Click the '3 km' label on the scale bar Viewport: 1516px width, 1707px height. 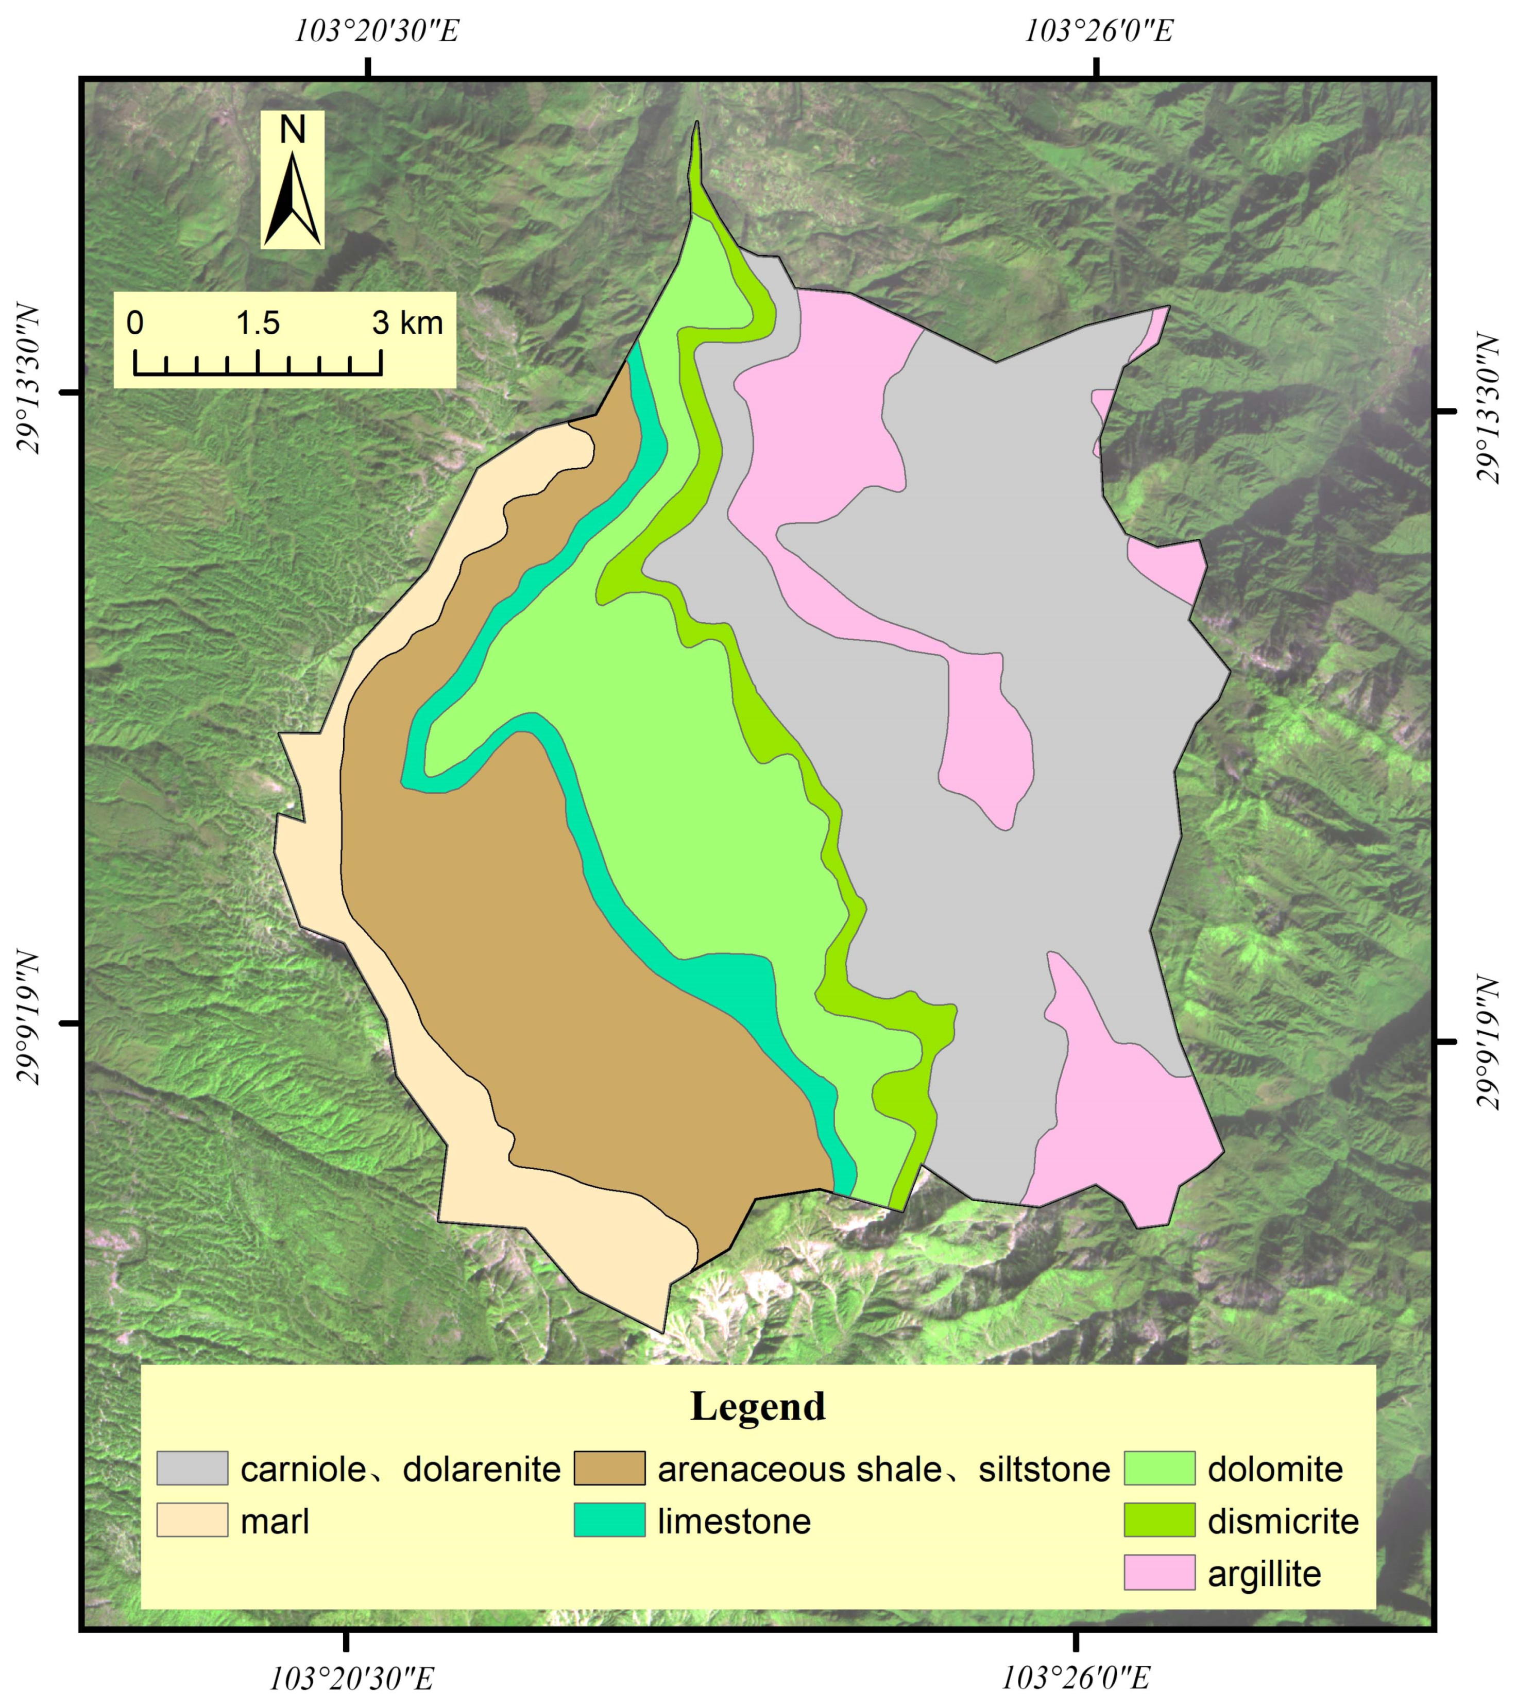(x=407, y=323)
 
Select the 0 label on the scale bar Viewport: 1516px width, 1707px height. (x=135, y=323)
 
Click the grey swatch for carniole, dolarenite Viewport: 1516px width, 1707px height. (x=192, y=1468)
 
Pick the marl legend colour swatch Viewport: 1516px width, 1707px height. (x=192, y=1521)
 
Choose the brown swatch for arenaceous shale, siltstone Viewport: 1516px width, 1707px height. (x=609, y=1468)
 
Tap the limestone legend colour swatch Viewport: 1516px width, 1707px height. (x=609, y=1521)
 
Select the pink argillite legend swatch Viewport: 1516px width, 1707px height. (x=1159, y=1574)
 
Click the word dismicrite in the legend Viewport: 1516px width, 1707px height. (x=1283, y=1522)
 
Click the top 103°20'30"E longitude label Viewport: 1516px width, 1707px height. (x=376, y=31)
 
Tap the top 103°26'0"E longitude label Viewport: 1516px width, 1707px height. (x=1099, y=31)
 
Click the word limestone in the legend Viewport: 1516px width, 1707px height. (x=734, y=1522)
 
